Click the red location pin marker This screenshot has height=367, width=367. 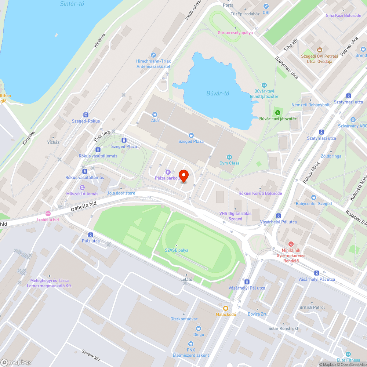pos(183,175)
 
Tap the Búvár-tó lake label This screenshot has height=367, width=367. pos(215,93)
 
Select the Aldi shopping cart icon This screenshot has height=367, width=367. pos(155,115)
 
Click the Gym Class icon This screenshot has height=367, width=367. pos(229,157)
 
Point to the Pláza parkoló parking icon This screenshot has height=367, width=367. pos(168,172)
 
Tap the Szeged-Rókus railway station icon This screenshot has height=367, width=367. pos(86,115)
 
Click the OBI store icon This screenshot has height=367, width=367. pos(266,6)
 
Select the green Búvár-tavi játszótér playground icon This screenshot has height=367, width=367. pos(277,112)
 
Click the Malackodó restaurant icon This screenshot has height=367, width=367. pos(226,308)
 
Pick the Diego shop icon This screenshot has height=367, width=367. pos(199,328)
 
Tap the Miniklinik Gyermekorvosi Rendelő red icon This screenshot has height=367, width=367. pos(291,244)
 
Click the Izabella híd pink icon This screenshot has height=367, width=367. pos(48,214)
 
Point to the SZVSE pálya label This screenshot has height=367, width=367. pos(177,250)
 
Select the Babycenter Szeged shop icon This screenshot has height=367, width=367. pos(314,197)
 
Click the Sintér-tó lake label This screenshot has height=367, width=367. pos(72,4)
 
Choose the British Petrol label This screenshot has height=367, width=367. pos(312,307)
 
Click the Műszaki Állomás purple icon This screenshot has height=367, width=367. pos(82,188)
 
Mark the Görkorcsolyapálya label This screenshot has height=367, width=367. pos(235,32)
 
